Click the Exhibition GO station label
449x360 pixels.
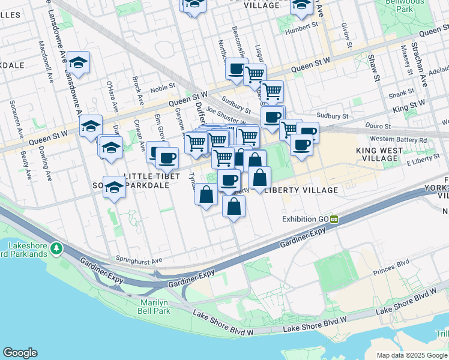point(306,219)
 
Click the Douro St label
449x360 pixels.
point(379,127)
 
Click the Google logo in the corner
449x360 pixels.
point(20,353)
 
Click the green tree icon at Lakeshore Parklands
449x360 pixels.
point(56,247)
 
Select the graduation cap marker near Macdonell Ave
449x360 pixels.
point(78,62)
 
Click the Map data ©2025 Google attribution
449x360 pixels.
point(412,355)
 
